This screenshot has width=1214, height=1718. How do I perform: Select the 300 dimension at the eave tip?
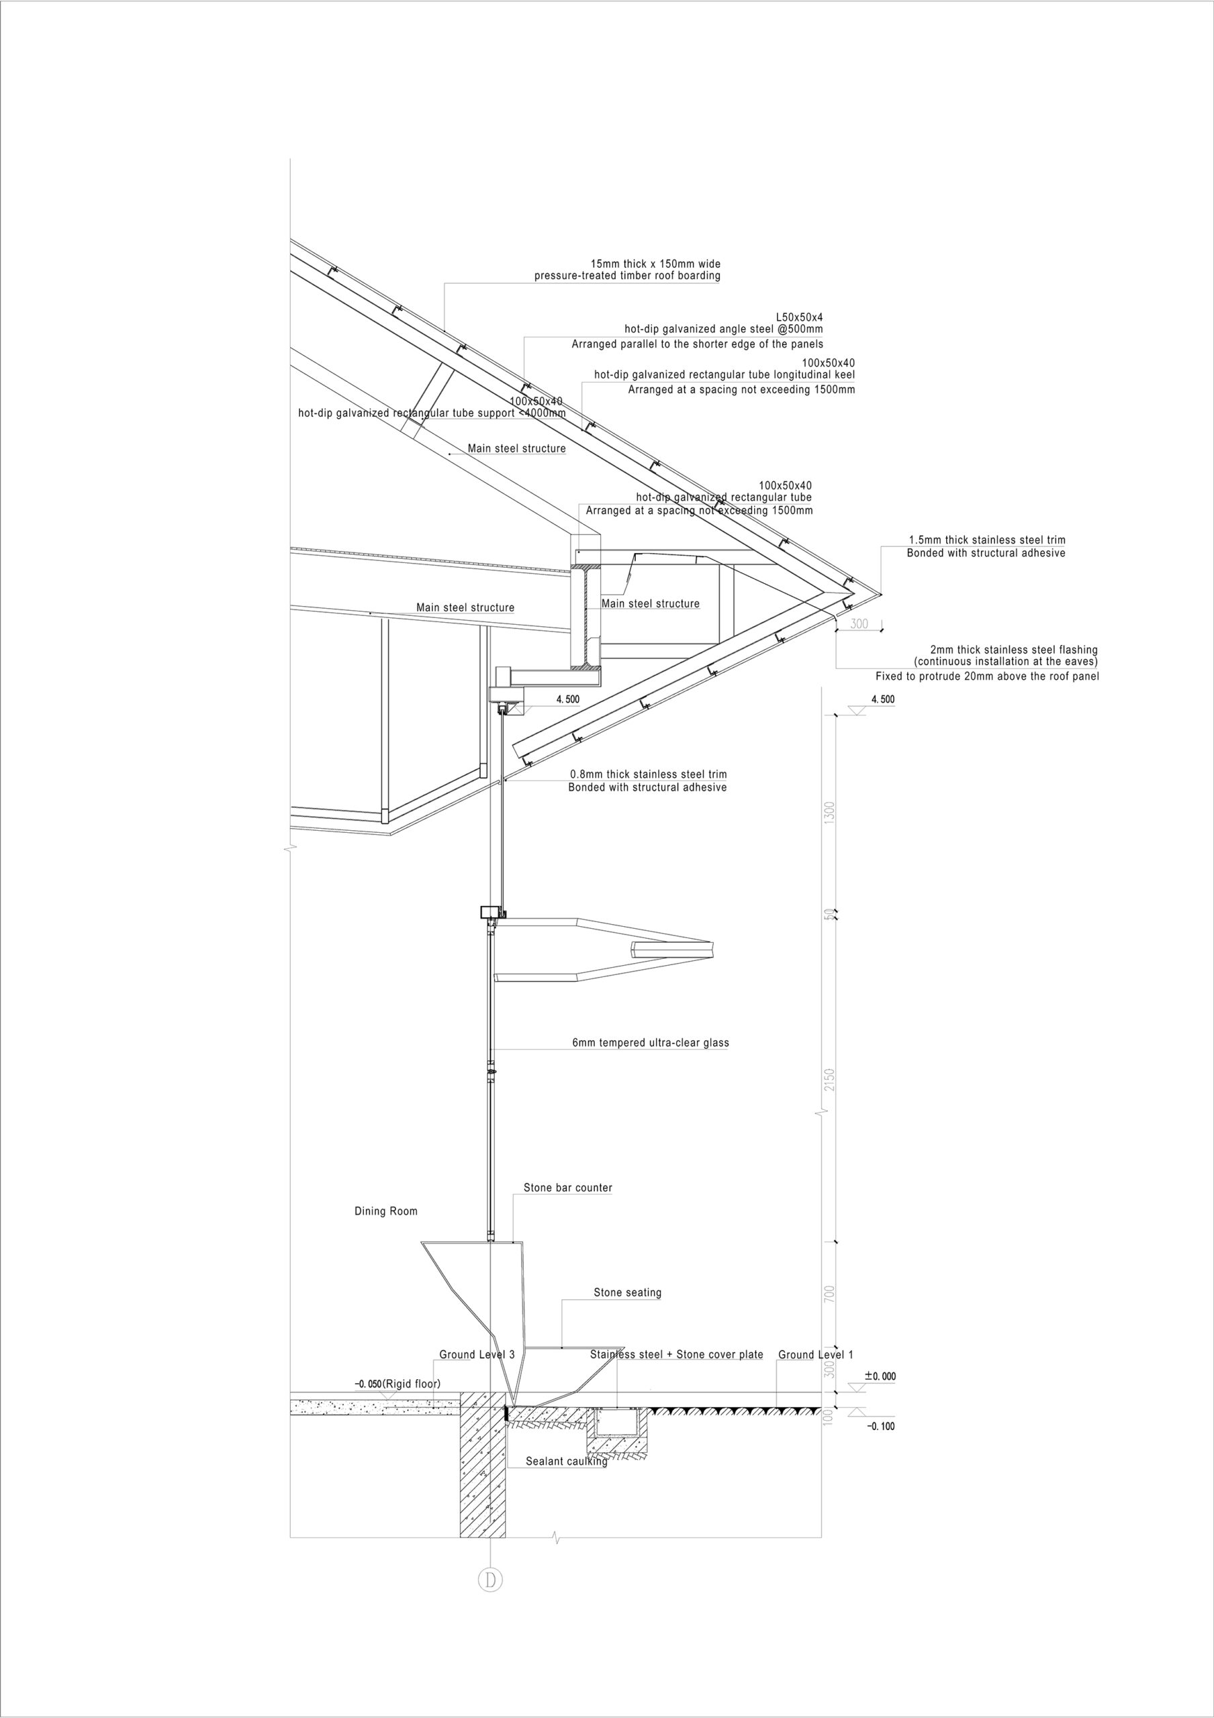859,623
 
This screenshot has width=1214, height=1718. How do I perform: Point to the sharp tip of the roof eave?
881,595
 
